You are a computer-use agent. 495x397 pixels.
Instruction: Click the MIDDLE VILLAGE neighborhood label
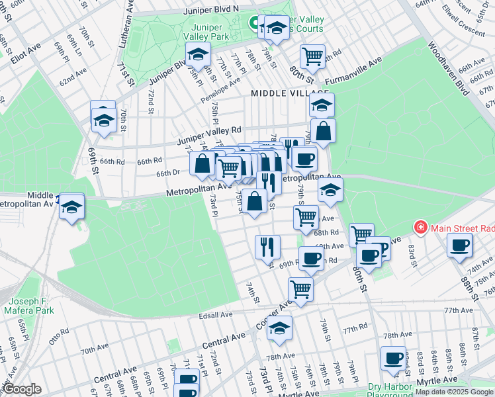pos(289,94)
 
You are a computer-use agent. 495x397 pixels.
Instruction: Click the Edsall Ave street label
pos(218,316)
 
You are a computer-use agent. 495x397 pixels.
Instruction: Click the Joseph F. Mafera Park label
pos(27,305)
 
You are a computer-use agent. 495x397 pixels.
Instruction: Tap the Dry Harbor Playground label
pos(390,390)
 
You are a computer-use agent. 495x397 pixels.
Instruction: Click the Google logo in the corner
pos(22,389)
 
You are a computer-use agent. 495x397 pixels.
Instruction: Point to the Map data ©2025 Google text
pos(454,392)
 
